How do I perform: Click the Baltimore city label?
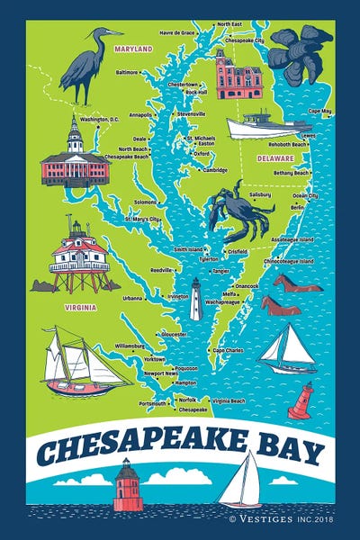click(x=127, y=71)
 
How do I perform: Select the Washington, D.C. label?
click(x=100, y=119)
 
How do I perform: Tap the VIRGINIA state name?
click(x=82, y=306)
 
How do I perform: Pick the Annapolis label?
click(x=140, y=115)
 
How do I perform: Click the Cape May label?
click(x=319, y=111)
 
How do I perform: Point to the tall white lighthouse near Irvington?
click(x=195, y=299)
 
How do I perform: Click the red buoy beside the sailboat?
click(x=301, y=400)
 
